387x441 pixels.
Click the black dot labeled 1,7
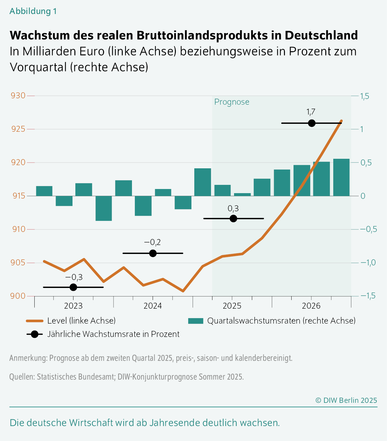point(312,123)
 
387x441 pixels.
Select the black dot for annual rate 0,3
point(233,219)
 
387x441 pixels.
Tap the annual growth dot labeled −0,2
point(153,253)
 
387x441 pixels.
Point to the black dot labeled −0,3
point(73,287)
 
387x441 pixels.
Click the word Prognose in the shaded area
point(232,102)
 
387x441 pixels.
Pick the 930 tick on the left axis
point(18,96)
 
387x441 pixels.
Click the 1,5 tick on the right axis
point(364,96)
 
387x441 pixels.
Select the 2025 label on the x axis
point(232,306)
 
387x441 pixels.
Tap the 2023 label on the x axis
point(73,306)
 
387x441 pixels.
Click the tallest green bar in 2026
point(341,177)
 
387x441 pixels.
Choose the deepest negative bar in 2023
point(104,208)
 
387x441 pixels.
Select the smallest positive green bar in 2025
point(242,194)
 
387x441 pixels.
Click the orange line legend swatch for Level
point(34,321)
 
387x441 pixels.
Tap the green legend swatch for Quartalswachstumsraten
point(196,321)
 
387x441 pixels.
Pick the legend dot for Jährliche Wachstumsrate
point(34,334)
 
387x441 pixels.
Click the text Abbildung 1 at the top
point(33,11)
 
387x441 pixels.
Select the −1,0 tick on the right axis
point(368,263)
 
